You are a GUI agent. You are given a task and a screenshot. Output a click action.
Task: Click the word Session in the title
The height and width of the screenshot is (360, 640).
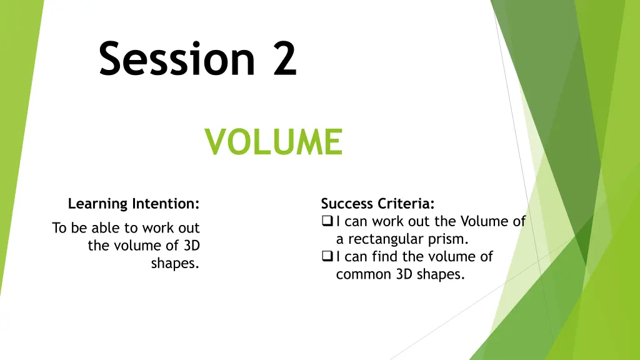click(176, 59)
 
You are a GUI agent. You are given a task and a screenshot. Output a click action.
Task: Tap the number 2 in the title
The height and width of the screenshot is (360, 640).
click(284, 59)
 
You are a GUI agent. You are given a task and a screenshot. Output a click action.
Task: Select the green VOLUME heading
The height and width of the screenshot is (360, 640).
click(274, 141)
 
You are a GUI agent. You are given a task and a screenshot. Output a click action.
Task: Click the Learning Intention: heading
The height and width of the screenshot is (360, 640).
click(134, 204)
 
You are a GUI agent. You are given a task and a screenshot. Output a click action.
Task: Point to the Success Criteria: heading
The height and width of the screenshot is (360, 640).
click(377, 204)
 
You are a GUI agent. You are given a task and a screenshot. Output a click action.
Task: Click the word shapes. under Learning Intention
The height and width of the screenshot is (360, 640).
click(175, 263)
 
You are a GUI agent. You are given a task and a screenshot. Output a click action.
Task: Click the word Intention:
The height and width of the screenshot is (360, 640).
click(166, 204)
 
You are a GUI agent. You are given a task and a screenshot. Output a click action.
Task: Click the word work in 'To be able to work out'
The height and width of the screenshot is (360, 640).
click(159, 228)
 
